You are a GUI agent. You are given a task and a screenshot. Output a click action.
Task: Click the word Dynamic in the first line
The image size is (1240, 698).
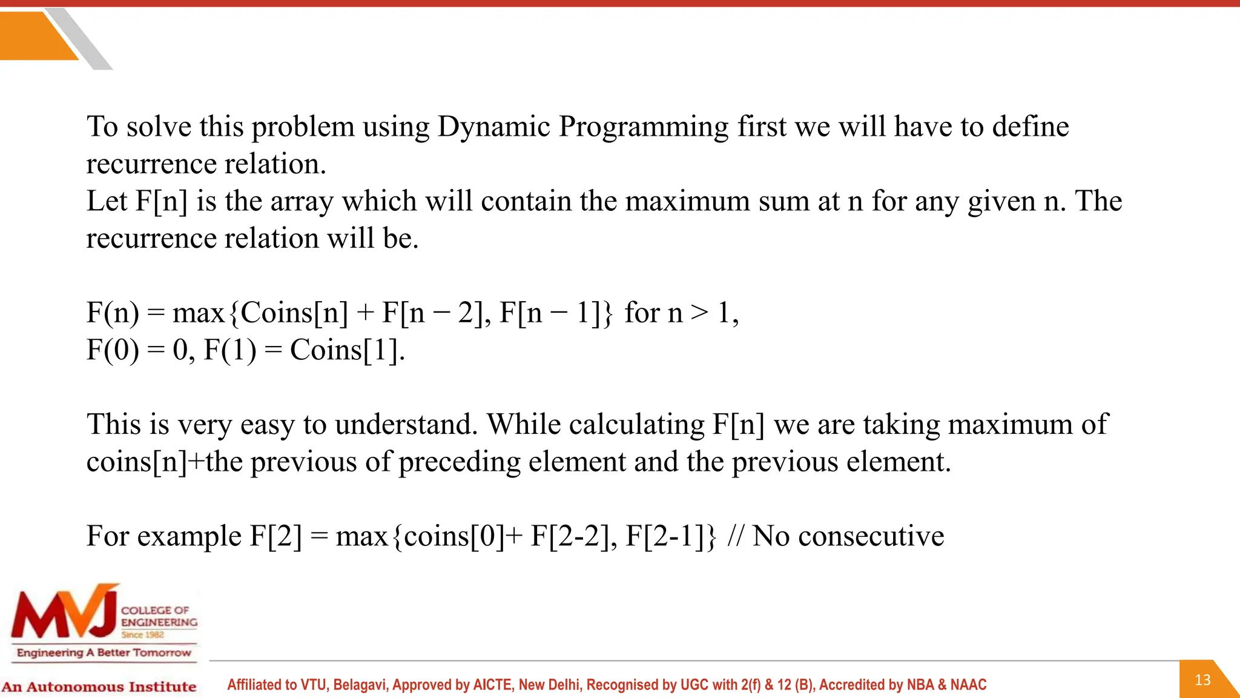[493, 127]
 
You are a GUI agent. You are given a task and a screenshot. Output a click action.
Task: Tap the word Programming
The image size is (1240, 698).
[643, 127]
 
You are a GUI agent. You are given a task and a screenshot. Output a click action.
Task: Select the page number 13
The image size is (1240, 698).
[1202, 680]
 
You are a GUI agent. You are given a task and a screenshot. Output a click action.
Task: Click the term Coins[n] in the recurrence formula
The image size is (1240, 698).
[294, 313]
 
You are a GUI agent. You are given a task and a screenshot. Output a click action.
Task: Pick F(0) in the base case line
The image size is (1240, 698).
[113, 350]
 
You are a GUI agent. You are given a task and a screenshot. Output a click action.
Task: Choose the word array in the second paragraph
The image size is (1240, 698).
[302, 202]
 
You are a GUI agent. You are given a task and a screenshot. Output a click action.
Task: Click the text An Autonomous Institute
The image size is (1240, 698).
[99, 686]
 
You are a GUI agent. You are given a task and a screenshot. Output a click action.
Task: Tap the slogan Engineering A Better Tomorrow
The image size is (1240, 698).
[104, 653]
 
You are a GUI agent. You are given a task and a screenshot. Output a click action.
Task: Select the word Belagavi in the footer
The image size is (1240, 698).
[360, 685]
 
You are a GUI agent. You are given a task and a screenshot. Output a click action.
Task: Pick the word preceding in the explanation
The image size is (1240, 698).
[460, 462]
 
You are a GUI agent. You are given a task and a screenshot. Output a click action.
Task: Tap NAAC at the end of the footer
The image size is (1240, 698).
[968, 685]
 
